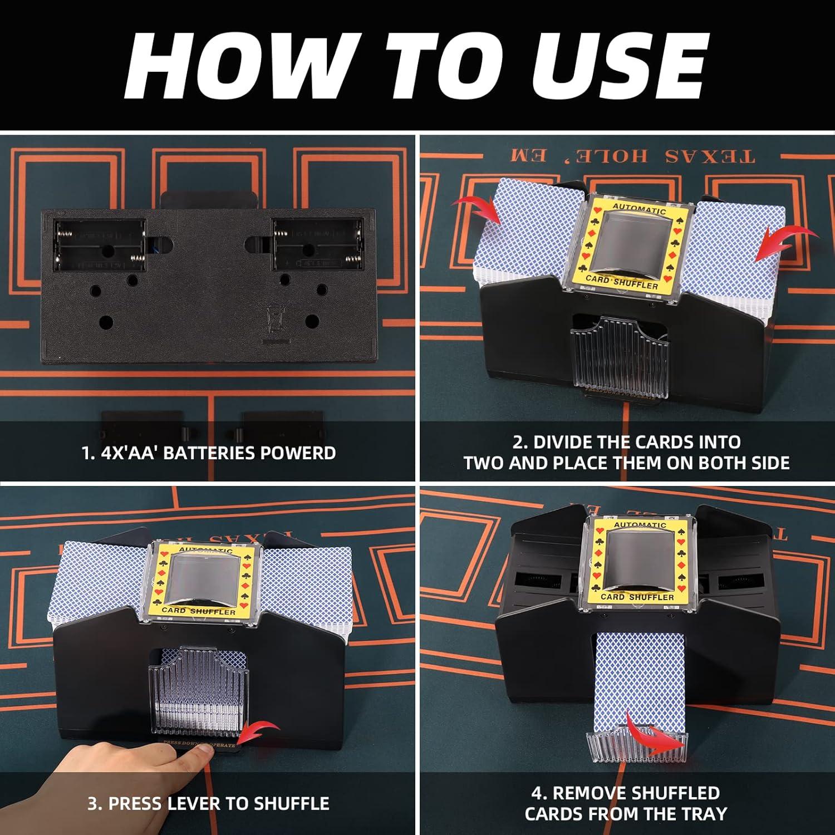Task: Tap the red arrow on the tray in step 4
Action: point(657,735)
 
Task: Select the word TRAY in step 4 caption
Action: point(703,814)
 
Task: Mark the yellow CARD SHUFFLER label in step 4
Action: point(637,597)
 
